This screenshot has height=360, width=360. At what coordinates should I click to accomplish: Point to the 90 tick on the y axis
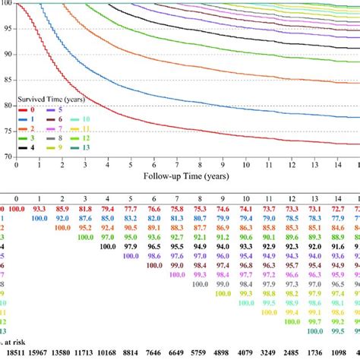click(8, 54)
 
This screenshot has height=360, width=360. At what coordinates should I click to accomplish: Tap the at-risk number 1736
click(312, 354)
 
